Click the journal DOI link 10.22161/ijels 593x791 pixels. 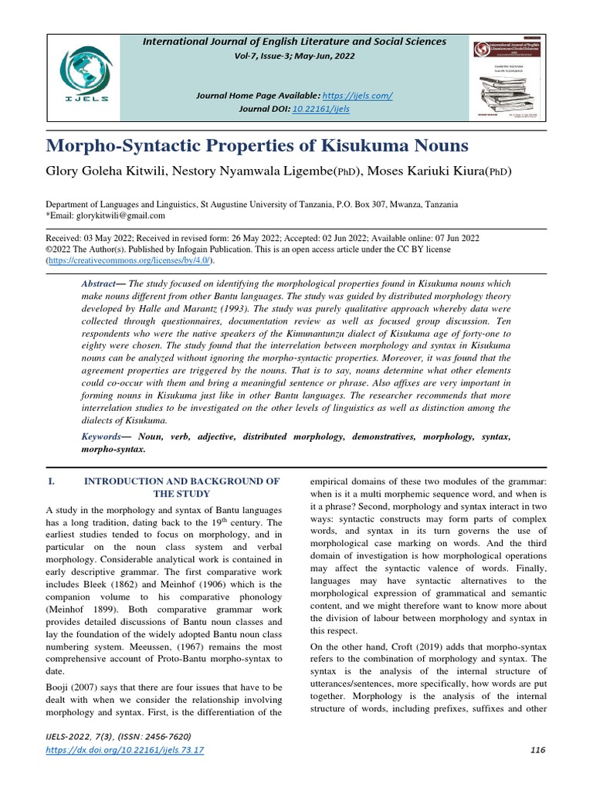pyautogui.click(x=321, y=109)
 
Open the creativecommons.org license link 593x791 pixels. pyautogui.click(x=117, y=262)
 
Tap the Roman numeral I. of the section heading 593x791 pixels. pyautogui.click(x=52, y=480)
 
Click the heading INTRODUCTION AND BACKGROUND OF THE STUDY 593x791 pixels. pyautogui.click(x=181, y=487)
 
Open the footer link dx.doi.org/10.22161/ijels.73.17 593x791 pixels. pyautogui.click(x=125, y=751)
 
